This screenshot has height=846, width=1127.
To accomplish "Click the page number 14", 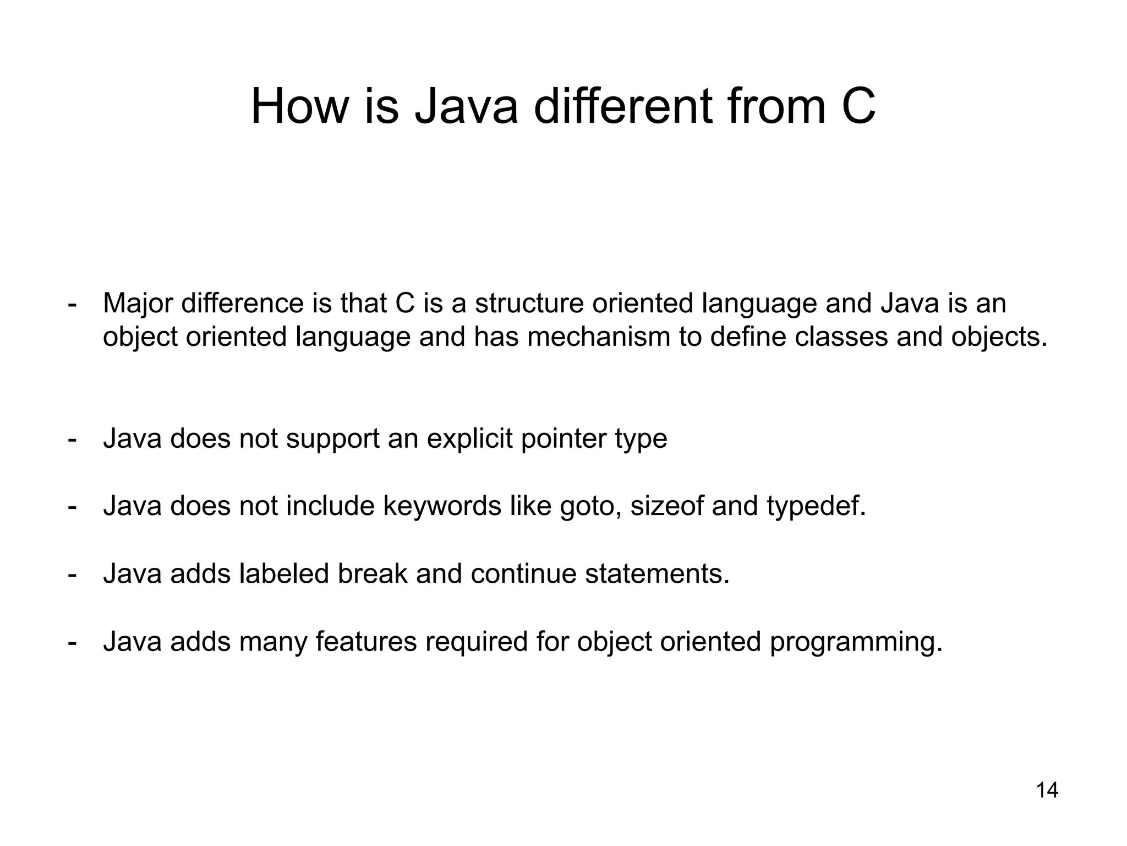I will [1047, 790].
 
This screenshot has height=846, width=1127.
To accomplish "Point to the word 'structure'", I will [529, 303].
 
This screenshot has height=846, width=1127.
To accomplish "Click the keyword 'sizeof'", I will [666, 506].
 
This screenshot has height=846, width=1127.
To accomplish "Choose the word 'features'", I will [366, 642].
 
